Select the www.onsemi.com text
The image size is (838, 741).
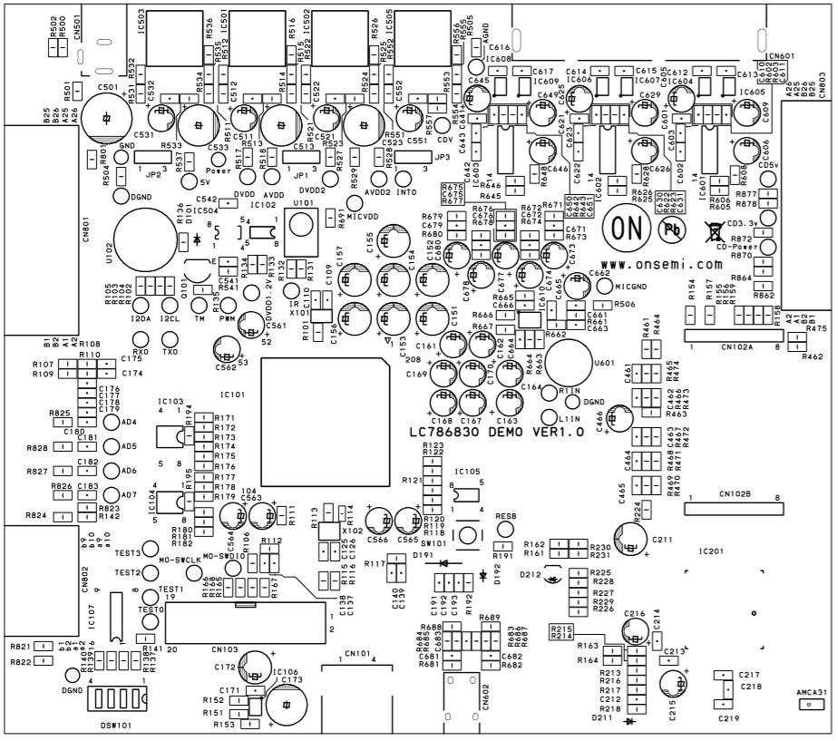659,264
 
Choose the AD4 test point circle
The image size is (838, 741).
111,423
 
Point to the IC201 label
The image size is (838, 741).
713,551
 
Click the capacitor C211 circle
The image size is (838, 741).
631,535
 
